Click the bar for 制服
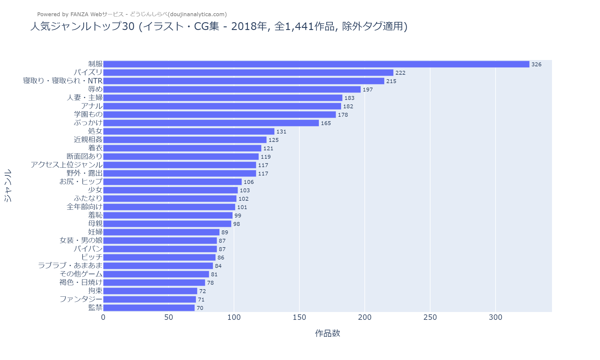316,64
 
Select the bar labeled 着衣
182,148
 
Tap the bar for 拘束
150,291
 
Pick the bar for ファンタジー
149,299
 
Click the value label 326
536,64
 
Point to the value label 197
367,90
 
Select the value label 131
281,132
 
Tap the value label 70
200,308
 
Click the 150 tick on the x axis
299,317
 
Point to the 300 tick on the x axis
495,317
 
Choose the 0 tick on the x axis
103,317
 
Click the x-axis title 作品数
327,333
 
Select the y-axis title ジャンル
8,185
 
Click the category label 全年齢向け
85,207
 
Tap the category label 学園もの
88,115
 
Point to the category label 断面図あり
85,157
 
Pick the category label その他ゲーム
81,274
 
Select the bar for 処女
189,131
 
